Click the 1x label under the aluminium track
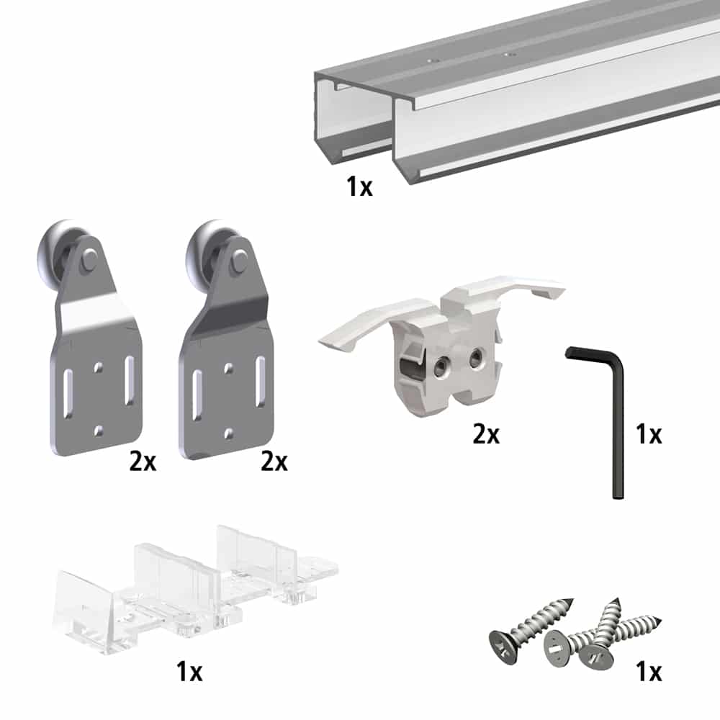click(x=359, y=187)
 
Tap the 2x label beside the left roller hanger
click(x=143, y=461)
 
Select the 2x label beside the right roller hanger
click(x=274, y=461)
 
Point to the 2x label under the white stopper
click(x=485, y=434)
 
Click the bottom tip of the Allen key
click(x=617, y=494)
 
